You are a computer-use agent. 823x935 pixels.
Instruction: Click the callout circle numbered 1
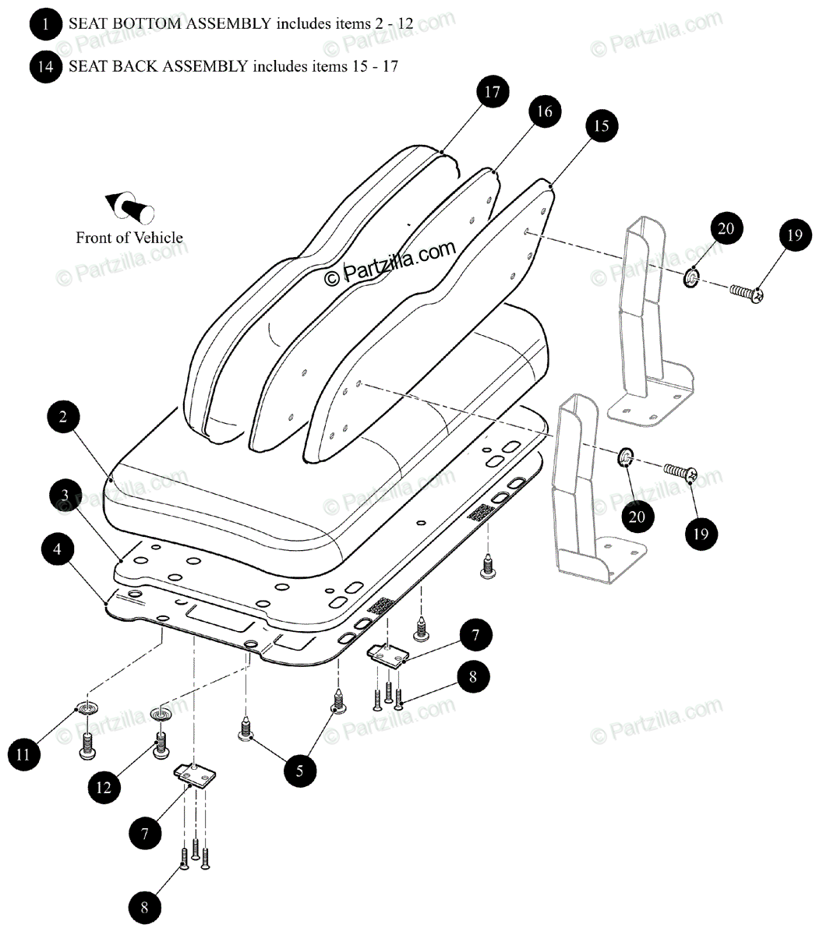[x=46, y=24]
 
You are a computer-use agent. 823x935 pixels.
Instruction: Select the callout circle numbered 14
[x=46, y=66]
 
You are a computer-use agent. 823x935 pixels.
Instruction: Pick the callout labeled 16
[x=544, y=112]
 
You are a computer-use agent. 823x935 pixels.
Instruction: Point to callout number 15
[x=601, y=126]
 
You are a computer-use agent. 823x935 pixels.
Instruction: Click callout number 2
[x=63, y=417]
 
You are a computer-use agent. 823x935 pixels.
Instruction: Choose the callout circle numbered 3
[x=65, y=496]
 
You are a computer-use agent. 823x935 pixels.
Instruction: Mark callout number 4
[x=58, y=549]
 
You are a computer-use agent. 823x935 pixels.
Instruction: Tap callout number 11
[x=25, y=753]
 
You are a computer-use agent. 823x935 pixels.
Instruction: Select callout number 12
[x=104, y=788]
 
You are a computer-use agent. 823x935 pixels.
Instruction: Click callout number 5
[x=300, y=771]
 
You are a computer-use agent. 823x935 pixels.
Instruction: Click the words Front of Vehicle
[x=129, y=238]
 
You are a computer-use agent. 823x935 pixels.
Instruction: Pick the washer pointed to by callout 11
[x=86, y=709]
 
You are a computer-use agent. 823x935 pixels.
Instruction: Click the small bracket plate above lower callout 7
[x=194, y=776]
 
